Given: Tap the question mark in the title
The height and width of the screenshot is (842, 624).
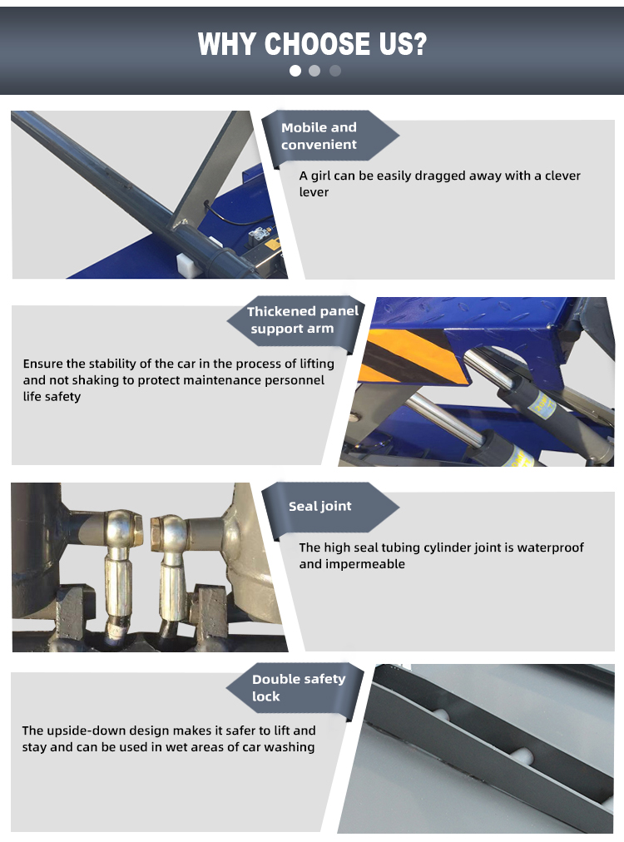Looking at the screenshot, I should (x=416, y=43).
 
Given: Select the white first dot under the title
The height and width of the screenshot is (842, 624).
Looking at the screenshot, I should (x=295, y=71).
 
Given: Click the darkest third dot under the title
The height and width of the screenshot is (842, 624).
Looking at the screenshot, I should (x=335, y=71).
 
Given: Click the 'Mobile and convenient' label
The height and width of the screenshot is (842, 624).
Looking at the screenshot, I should (x=319, y=136).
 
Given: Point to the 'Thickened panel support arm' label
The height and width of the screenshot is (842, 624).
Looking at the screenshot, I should (x=302, y=319).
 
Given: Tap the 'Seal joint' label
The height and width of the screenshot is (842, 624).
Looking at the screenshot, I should (x=319, y=506).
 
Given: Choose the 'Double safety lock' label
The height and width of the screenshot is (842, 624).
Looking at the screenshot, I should (x=298, y=687).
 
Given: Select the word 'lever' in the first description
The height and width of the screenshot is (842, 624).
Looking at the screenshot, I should (x=314, y=192).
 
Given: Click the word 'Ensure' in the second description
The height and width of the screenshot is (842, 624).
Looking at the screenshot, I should (x=42, y=364).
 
